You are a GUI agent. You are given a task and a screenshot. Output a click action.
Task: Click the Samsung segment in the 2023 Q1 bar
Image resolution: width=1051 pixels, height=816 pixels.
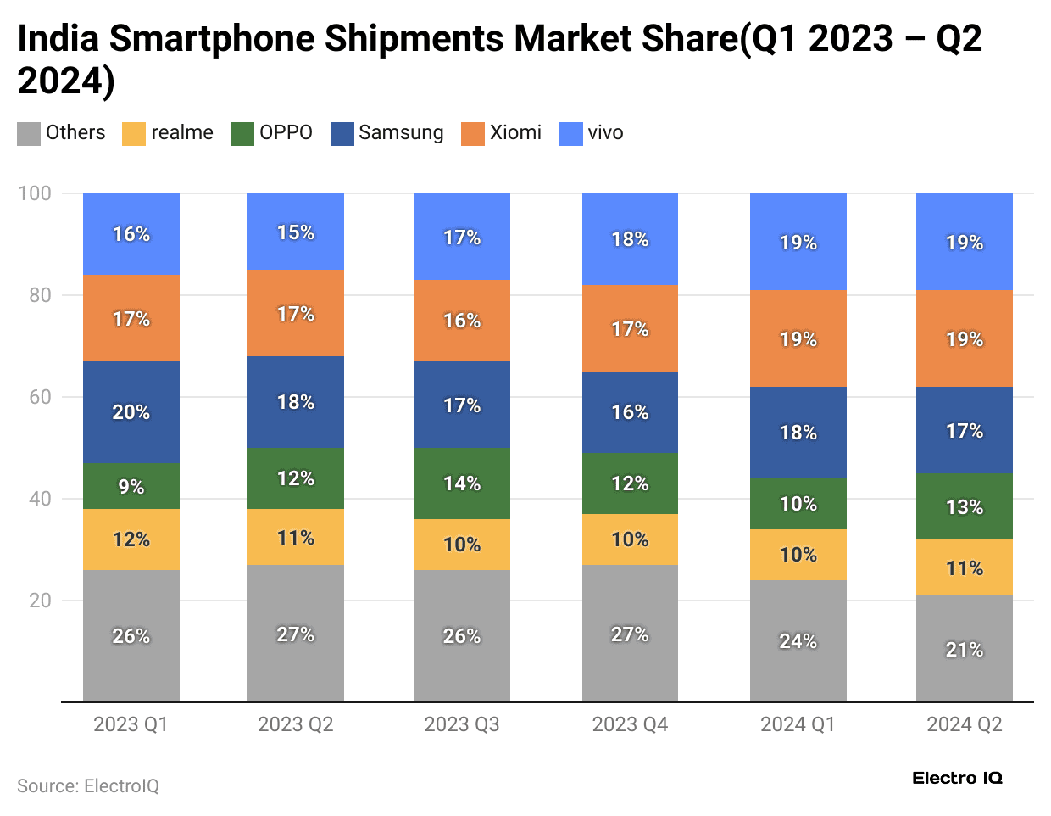pyautogui.click(x=131, y=412)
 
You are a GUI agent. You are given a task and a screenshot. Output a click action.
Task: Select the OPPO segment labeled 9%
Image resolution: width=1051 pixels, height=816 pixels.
pyautogui.click(x=131, y=486)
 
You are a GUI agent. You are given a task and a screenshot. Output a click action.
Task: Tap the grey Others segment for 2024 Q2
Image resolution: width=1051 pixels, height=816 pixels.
pyautogui.click(x=964, y=649)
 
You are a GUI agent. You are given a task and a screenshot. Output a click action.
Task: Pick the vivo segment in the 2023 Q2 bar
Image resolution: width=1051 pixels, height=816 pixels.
pyautogui.click(x=296, y=232)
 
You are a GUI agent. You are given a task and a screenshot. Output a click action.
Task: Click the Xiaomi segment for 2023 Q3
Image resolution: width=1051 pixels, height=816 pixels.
pyautogui.click(x=462, y=321)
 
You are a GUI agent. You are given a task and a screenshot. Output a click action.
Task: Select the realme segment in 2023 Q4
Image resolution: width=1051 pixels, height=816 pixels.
pyautogui.click(x=630, y=539)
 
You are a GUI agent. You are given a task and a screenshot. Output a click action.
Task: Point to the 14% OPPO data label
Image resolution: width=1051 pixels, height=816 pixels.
pyautogui.click(x=462, y=483)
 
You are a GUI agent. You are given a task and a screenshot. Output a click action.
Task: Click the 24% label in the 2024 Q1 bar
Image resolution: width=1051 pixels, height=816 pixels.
pyautogui.click(x=798, y=641)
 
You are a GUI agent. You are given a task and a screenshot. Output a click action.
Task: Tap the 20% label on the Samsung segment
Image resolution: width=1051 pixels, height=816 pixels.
pyautogui.click(x=131, y=412)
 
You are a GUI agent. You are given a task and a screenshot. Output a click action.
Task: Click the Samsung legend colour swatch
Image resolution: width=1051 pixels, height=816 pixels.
pyautogui.click(x=342, y=134)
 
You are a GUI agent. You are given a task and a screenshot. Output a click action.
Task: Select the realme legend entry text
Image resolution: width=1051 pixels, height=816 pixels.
pyautogui.click(x=182, y=133)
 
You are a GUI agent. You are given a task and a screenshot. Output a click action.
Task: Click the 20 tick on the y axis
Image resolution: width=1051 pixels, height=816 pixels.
pyautogui.click(x=40, y=601)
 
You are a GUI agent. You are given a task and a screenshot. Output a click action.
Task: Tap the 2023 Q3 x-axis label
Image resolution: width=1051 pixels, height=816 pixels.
pyautogui.click(x=462, y=724)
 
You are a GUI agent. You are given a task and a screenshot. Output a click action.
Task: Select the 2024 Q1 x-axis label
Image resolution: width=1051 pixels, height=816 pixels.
pyautogui.click(x=798, y=724)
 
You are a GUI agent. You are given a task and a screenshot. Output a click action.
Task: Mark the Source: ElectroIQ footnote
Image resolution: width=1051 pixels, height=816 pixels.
pyautogui.click(x=88, y=786)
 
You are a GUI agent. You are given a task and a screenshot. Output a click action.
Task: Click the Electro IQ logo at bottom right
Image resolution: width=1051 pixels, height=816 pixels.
pyautogui.click(x=957, y=778)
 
